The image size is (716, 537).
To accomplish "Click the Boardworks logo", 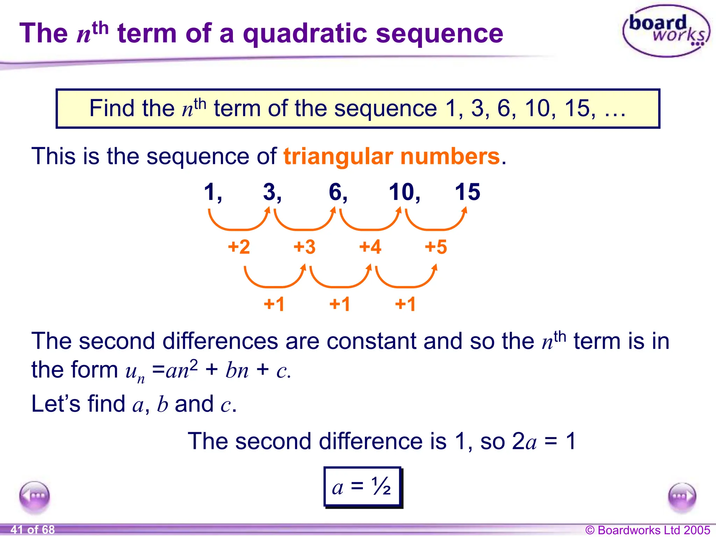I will coord(666,31).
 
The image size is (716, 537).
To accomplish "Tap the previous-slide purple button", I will coord(35,496).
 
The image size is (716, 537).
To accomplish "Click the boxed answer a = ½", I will coord(363,487).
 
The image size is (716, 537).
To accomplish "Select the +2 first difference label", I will coord(239,247).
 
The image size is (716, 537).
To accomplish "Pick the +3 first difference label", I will coord(305,247).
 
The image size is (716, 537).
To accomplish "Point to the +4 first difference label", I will coord(370,247).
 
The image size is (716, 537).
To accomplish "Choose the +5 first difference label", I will coord(436,247).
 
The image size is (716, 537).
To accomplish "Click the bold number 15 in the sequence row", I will coord(467,192).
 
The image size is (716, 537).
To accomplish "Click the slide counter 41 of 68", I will coord(33,530).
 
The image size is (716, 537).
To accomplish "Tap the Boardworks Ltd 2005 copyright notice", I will coord(647,530).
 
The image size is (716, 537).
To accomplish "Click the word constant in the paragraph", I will coord(372,341).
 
